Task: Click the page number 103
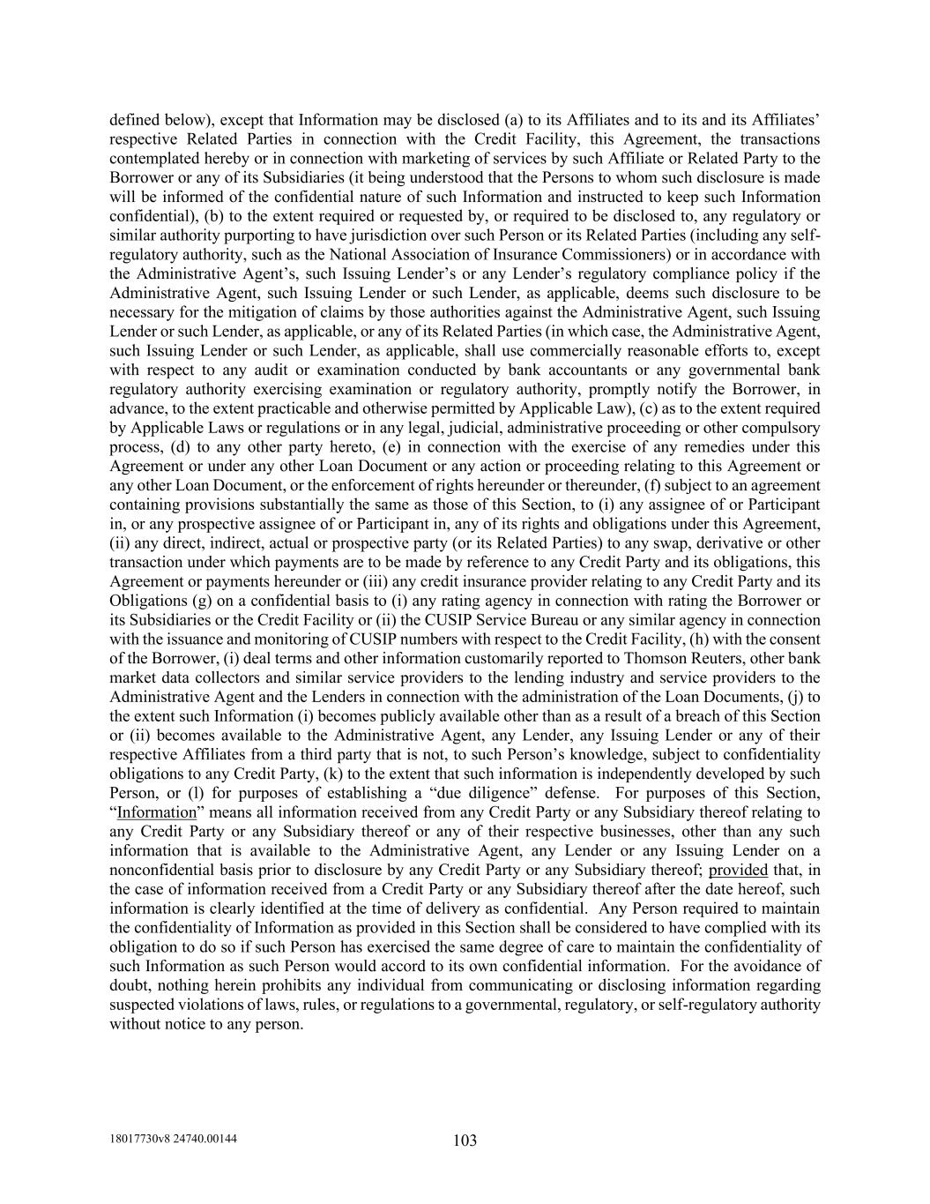465,1140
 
